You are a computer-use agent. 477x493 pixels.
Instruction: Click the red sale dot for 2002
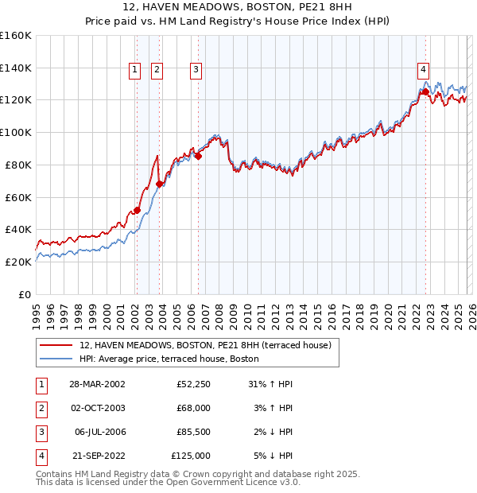[137, 210]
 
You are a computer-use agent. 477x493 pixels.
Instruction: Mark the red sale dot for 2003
[159, 184]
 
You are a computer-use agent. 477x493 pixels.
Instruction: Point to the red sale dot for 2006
[198, 156]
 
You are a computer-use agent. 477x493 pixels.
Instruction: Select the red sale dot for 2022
[426, 91]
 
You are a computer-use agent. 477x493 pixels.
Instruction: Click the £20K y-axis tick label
[17, 262]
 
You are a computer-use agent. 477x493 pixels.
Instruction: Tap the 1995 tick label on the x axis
[37, 311]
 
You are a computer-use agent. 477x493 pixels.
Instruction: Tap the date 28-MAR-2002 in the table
[97, 384]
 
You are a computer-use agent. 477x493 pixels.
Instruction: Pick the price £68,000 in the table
[194, 408]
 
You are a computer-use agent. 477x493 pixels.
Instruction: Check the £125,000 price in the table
[192, 456]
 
